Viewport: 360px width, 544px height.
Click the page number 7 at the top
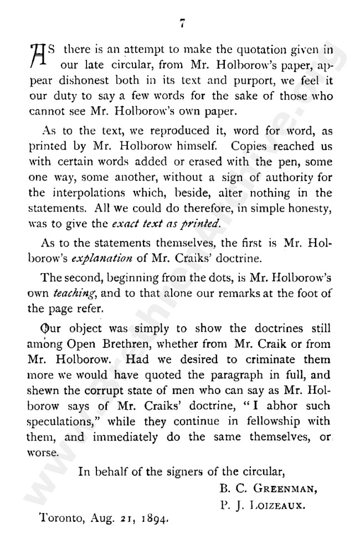(181, 23)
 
